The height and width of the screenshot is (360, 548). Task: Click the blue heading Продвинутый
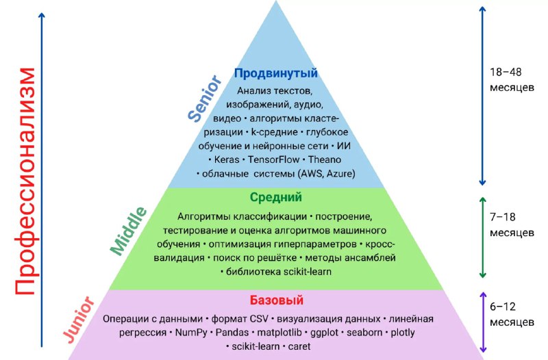tap(276, 73)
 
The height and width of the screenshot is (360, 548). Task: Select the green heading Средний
tap(276, 197)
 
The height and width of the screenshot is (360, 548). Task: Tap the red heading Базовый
tap(277, 300)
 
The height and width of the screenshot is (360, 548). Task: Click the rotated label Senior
tap(205, 98)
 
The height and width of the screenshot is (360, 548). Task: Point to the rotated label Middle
tap(128, 231)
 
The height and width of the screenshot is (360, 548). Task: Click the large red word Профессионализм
tap(25, 181)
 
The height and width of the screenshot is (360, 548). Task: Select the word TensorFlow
tap(273, 159)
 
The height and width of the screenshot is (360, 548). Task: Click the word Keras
tap(227, 159)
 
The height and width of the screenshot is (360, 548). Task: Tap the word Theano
tap(325, 159)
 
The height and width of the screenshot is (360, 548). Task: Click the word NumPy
tap(191, 333)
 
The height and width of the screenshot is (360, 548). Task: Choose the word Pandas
tap(232, 333)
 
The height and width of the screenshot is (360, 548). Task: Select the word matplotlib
tap(279, 333)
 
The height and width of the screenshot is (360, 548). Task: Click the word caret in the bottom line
tap(299, 346)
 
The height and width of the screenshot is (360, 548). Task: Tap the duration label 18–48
tap(506, 72)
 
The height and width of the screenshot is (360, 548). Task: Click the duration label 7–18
tap(503, 217)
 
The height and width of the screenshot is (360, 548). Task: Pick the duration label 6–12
tap(503, 307)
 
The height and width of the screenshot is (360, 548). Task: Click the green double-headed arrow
tap(483, 237)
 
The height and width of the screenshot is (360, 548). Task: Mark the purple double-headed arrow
tap(483, 322)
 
